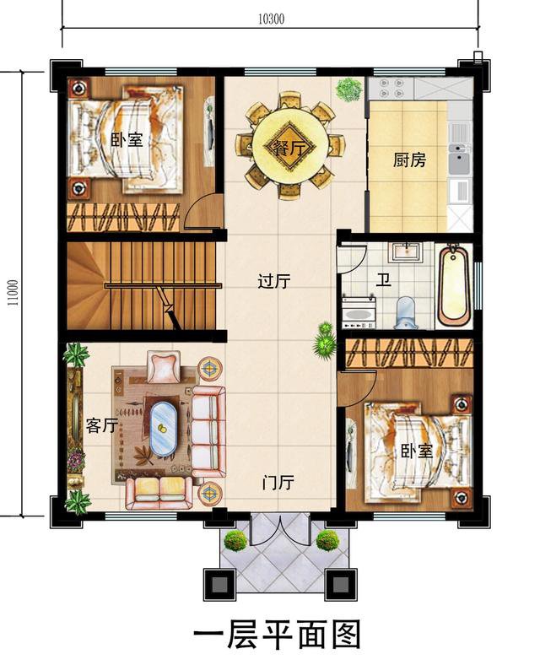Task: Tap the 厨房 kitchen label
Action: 409,160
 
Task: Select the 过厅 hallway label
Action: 273,282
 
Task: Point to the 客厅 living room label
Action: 101,425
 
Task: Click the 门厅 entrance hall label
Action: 278,484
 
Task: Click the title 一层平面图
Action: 278,633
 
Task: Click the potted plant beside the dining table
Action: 347,88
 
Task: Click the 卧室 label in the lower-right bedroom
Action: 416,451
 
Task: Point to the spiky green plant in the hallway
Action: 324,341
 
